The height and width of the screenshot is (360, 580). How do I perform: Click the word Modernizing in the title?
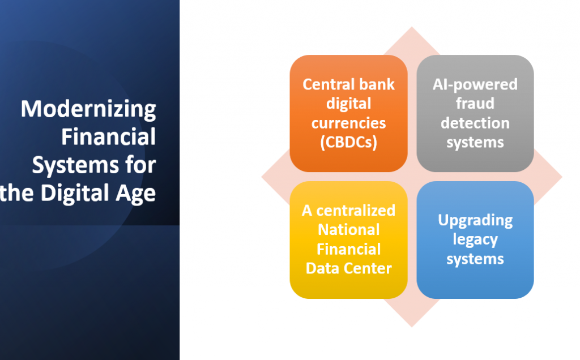coord(88,109)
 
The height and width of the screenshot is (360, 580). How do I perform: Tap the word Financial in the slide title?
coord(109,137)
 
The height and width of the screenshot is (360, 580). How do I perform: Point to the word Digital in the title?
coord(75,194)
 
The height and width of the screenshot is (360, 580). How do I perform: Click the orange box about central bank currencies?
coord(348,113)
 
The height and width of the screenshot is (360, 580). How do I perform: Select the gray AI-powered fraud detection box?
coord(475,113)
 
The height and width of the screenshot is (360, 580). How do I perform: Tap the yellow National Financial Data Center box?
coord(348,240)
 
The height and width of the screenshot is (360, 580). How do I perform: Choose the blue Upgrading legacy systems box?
coord(475,240)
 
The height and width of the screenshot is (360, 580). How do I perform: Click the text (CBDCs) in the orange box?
coord(348,142)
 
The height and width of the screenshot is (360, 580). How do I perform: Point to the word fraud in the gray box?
coord(475,104)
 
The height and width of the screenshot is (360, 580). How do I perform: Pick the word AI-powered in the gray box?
coord(475,85)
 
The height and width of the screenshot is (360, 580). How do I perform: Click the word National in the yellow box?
coord(348,230)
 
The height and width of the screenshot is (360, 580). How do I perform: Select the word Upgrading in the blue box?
coord(475,221)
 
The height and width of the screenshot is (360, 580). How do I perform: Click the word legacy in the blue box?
coord(475,240)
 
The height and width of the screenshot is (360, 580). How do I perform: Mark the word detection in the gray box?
coord(475,123)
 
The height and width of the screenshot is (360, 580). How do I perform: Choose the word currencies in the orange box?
coord(348,123)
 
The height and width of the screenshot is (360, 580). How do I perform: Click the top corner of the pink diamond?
coord(412,27)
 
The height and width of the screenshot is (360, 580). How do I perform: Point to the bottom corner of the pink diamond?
coord(412,327)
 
